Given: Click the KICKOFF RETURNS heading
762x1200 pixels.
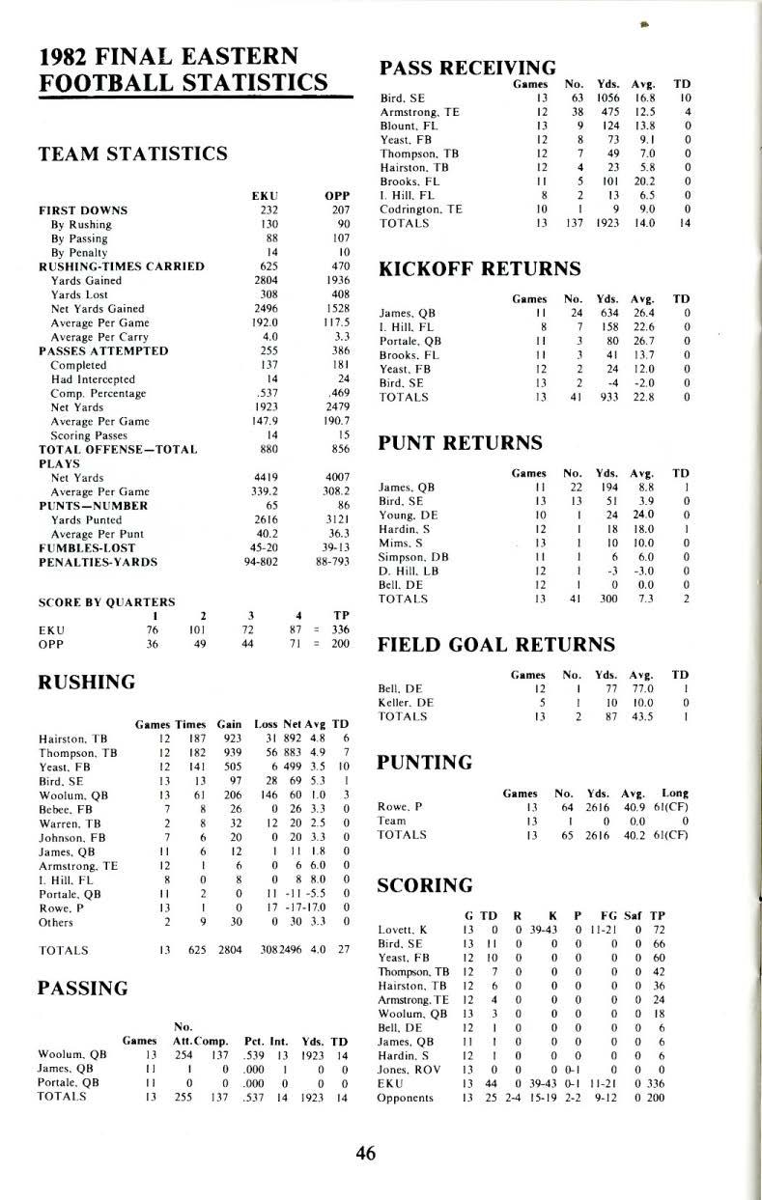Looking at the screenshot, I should pos(479,267).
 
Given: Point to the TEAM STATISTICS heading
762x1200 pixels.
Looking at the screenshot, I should pos(132,153).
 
